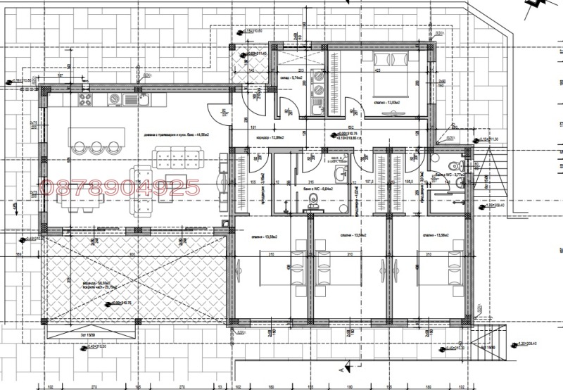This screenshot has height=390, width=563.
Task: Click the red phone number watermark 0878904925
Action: point(122,187)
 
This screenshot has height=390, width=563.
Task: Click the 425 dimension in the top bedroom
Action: point(378,71)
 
